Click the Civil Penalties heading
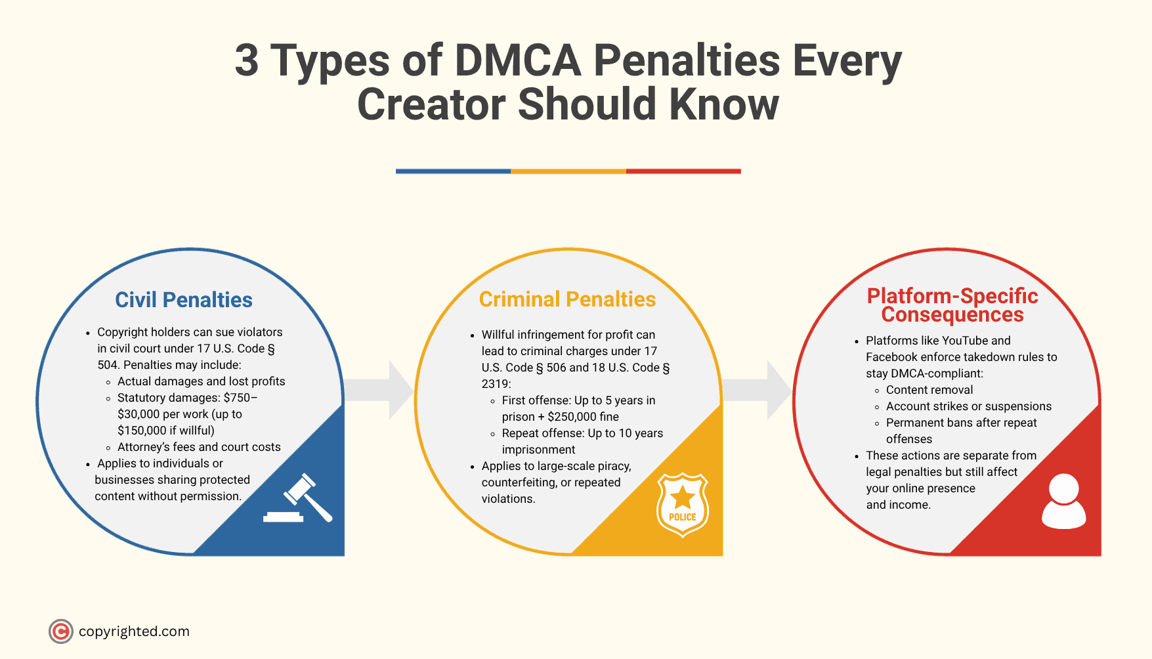[x=184, y=300]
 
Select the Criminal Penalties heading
[x=567, y=299]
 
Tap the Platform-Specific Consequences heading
[x=952, y=305]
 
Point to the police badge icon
[x=683, y=504]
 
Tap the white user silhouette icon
[x=1063, y=501]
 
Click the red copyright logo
[x=60, y=631]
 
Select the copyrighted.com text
[x=134, y=631]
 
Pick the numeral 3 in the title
[x=247, y=61]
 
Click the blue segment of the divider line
[x=453, y=171]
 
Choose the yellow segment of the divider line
[x=568, y=171]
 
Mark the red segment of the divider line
[x=683, y=171]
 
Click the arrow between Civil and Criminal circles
[x=381, y=390]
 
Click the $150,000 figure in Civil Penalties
[x=142, y=431]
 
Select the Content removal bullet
[x=929, y=390]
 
